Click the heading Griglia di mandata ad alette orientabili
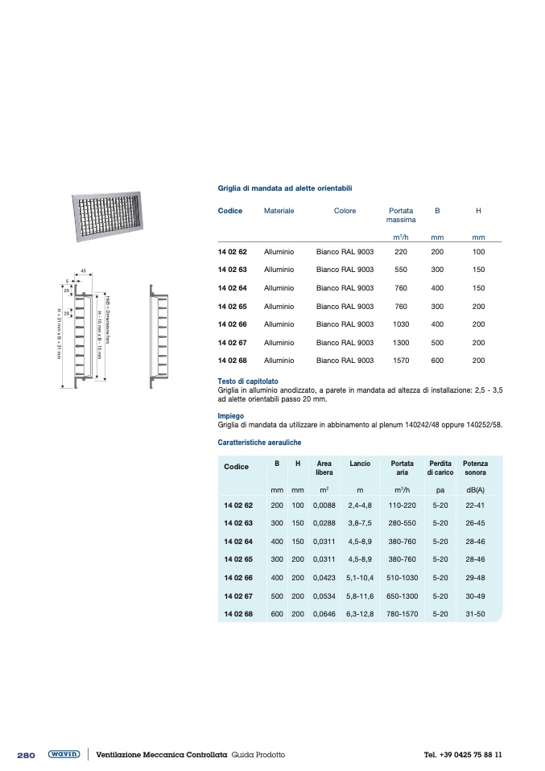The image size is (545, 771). pyautogui.click(x=284, y=188)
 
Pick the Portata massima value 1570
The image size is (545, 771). pyautogui.click(x=400, y=361)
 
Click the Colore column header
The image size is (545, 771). pyautogui.click(x=345, y=211)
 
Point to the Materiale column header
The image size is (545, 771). pyautogui.click(x=279, y=211)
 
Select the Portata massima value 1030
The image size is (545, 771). pyautogui.click(x=400, y=324)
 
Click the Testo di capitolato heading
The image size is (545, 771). pyautogui.click(x=248, y=381)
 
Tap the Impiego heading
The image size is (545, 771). pyautogui.click(x=230, y=416)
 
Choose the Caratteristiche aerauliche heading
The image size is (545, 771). pyautogui.click(x=259, y=443)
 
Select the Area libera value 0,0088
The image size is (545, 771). pyautogui.click(x=324, y=505)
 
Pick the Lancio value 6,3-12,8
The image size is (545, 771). pyautogui.click(x=360, y=614)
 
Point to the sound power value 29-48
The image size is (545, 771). pyautogui.click(x=475, y=578)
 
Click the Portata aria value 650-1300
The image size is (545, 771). pyautogui.click(x=402, y=596)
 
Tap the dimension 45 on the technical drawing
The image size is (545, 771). pyautogui.click(x=83, y=271)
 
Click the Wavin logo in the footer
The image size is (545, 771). pyautogui.click(x=64, y=754)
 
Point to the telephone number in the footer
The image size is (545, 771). pyautogui.click(x=462, y=755)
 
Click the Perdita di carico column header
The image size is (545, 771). pyautogui.click(x=440, y=468)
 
